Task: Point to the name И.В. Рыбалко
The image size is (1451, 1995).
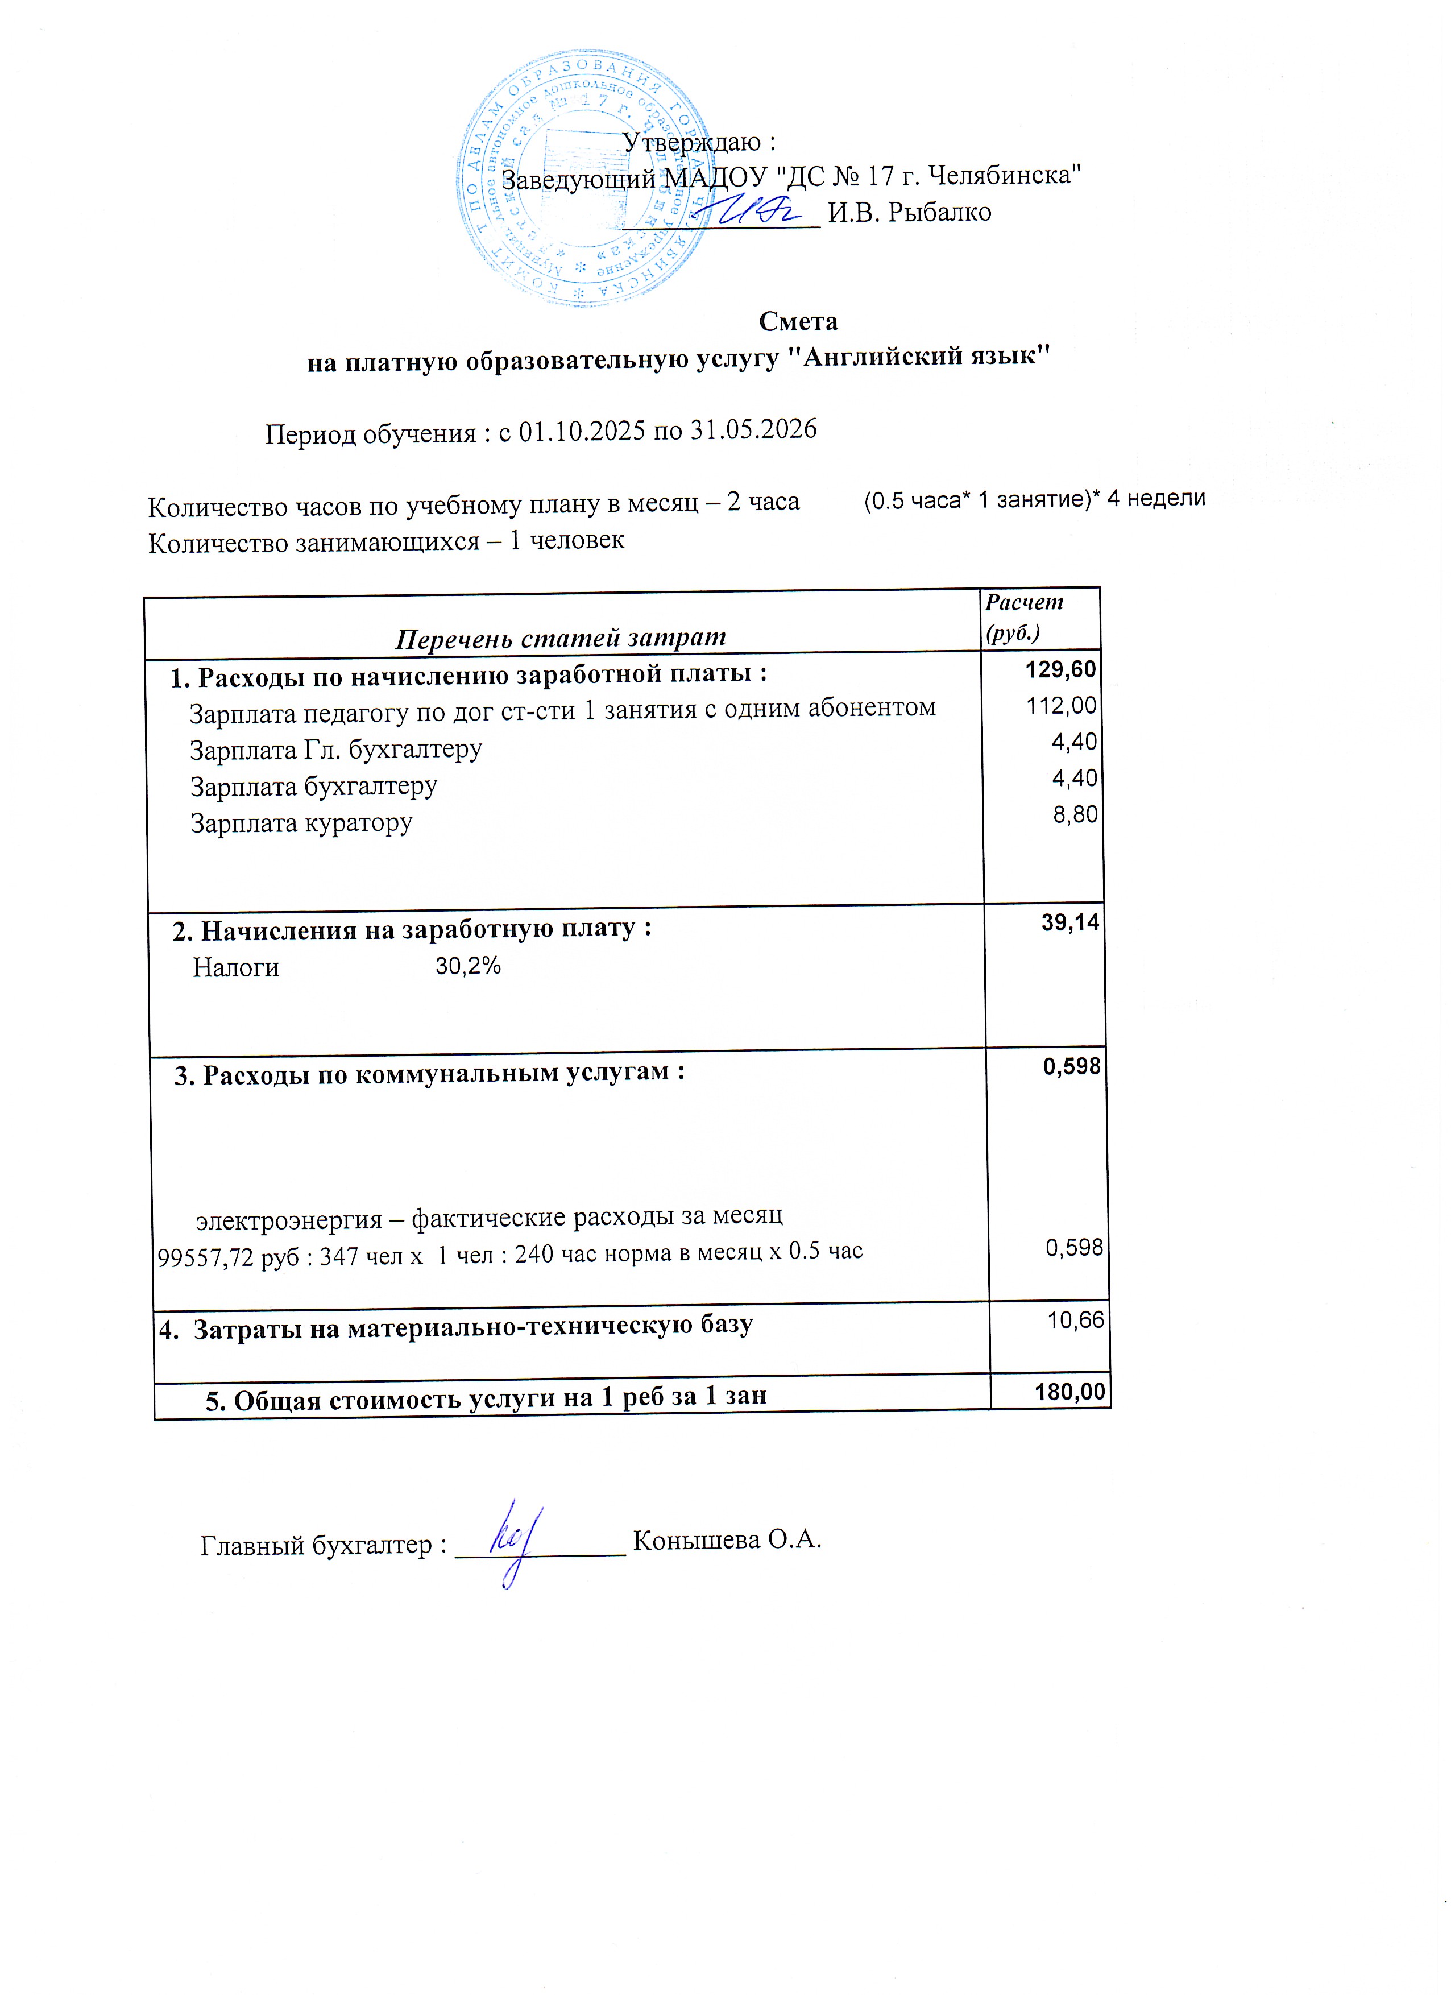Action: [909, 212]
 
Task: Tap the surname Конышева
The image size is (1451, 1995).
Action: [697, 1540]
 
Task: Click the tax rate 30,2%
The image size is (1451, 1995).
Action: [468, 966]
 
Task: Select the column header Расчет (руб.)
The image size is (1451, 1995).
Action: [1025, 618]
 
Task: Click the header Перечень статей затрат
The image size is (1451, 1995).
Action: [560, 638]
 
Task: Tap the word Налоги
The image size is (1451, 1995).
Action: [236, 967]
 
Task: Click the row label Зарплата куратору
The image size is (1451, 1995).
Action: [302, 823]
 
